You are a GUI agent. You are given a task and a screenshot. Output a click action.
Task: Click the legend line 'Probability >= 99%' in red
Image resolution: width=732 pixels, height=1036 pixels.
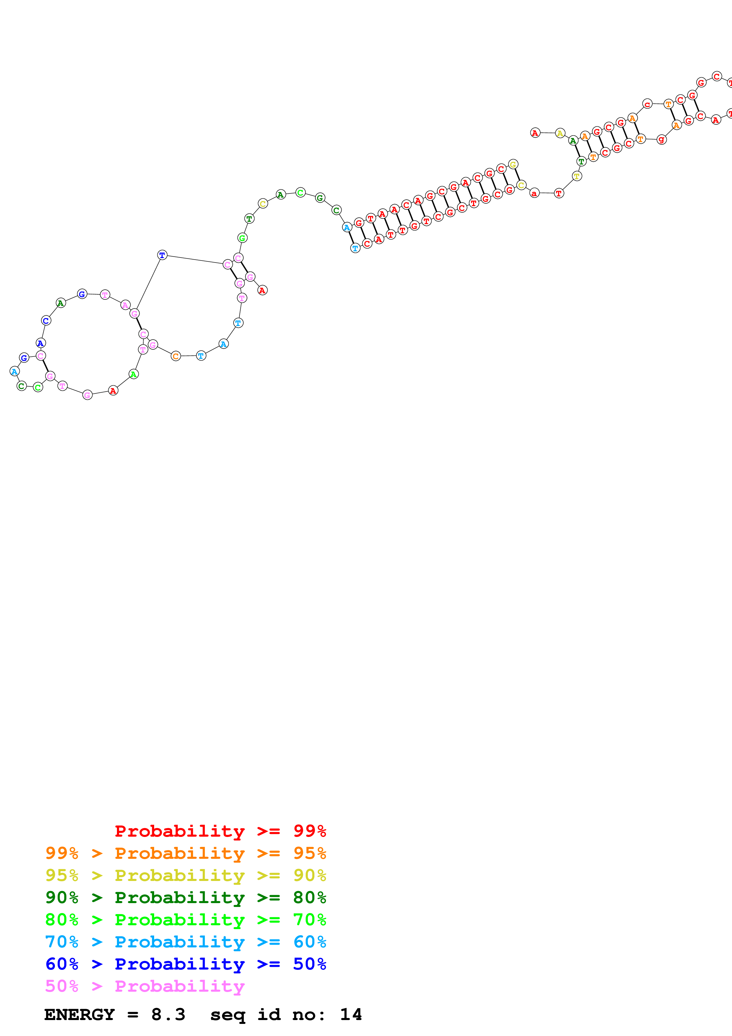click(x=220, y=831)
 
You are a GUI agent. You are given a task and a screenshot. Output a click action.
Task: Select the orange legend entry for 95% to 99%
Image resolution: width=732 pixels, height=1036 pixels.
click(x=185, y=853)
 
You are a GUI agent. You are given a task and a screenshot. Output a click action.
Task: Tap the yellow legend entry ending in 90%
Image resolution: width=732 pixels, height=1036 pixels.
click(x=185, y=875)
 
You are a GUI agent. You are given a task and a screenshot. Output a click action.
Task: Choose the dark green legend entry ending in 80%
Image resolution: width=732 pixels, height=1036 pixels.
click(x=185, y=897)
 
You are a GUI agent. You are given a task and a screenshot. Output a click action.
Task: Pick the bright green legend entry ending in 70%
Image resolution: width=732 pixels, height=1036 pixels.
click(x=185, y=920)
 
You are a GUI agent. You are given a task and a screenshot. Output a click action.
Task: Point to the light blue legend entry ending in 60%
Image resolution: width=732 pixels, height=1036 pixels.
click(x=185, y=942)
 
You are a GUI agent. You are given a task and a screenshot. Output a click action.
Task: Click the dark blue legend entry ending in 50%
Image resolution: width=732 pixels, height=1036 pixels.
click(x=185, y=964)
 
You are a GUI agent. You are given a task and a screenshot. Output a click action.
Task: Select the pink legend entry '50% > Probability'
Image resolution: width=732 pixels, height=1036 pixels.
click(x=144, y=986)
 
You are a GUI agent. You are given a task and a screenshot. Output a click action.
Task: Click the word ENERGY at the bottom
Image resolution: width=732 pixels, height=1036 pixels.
click(x=79, y=1015)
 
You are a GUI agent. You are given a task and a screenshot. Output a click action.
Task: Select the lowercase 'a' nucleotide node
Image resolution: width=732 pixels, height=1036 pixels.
click(x=534, y=193)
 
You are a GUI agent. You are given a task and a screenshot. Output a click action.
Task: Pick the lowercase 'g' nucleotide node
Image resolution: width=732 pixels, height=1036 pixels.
click(x=661, y=139)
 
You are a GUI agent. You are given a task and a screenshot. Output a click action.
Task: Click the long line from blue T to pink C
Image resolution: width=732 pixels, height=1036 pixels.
click(x=195, y=260)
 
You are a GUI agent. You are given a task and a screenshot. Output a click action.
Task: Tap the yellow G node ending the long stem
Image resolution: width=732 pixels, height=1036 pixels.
click(x=513, y=164)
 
